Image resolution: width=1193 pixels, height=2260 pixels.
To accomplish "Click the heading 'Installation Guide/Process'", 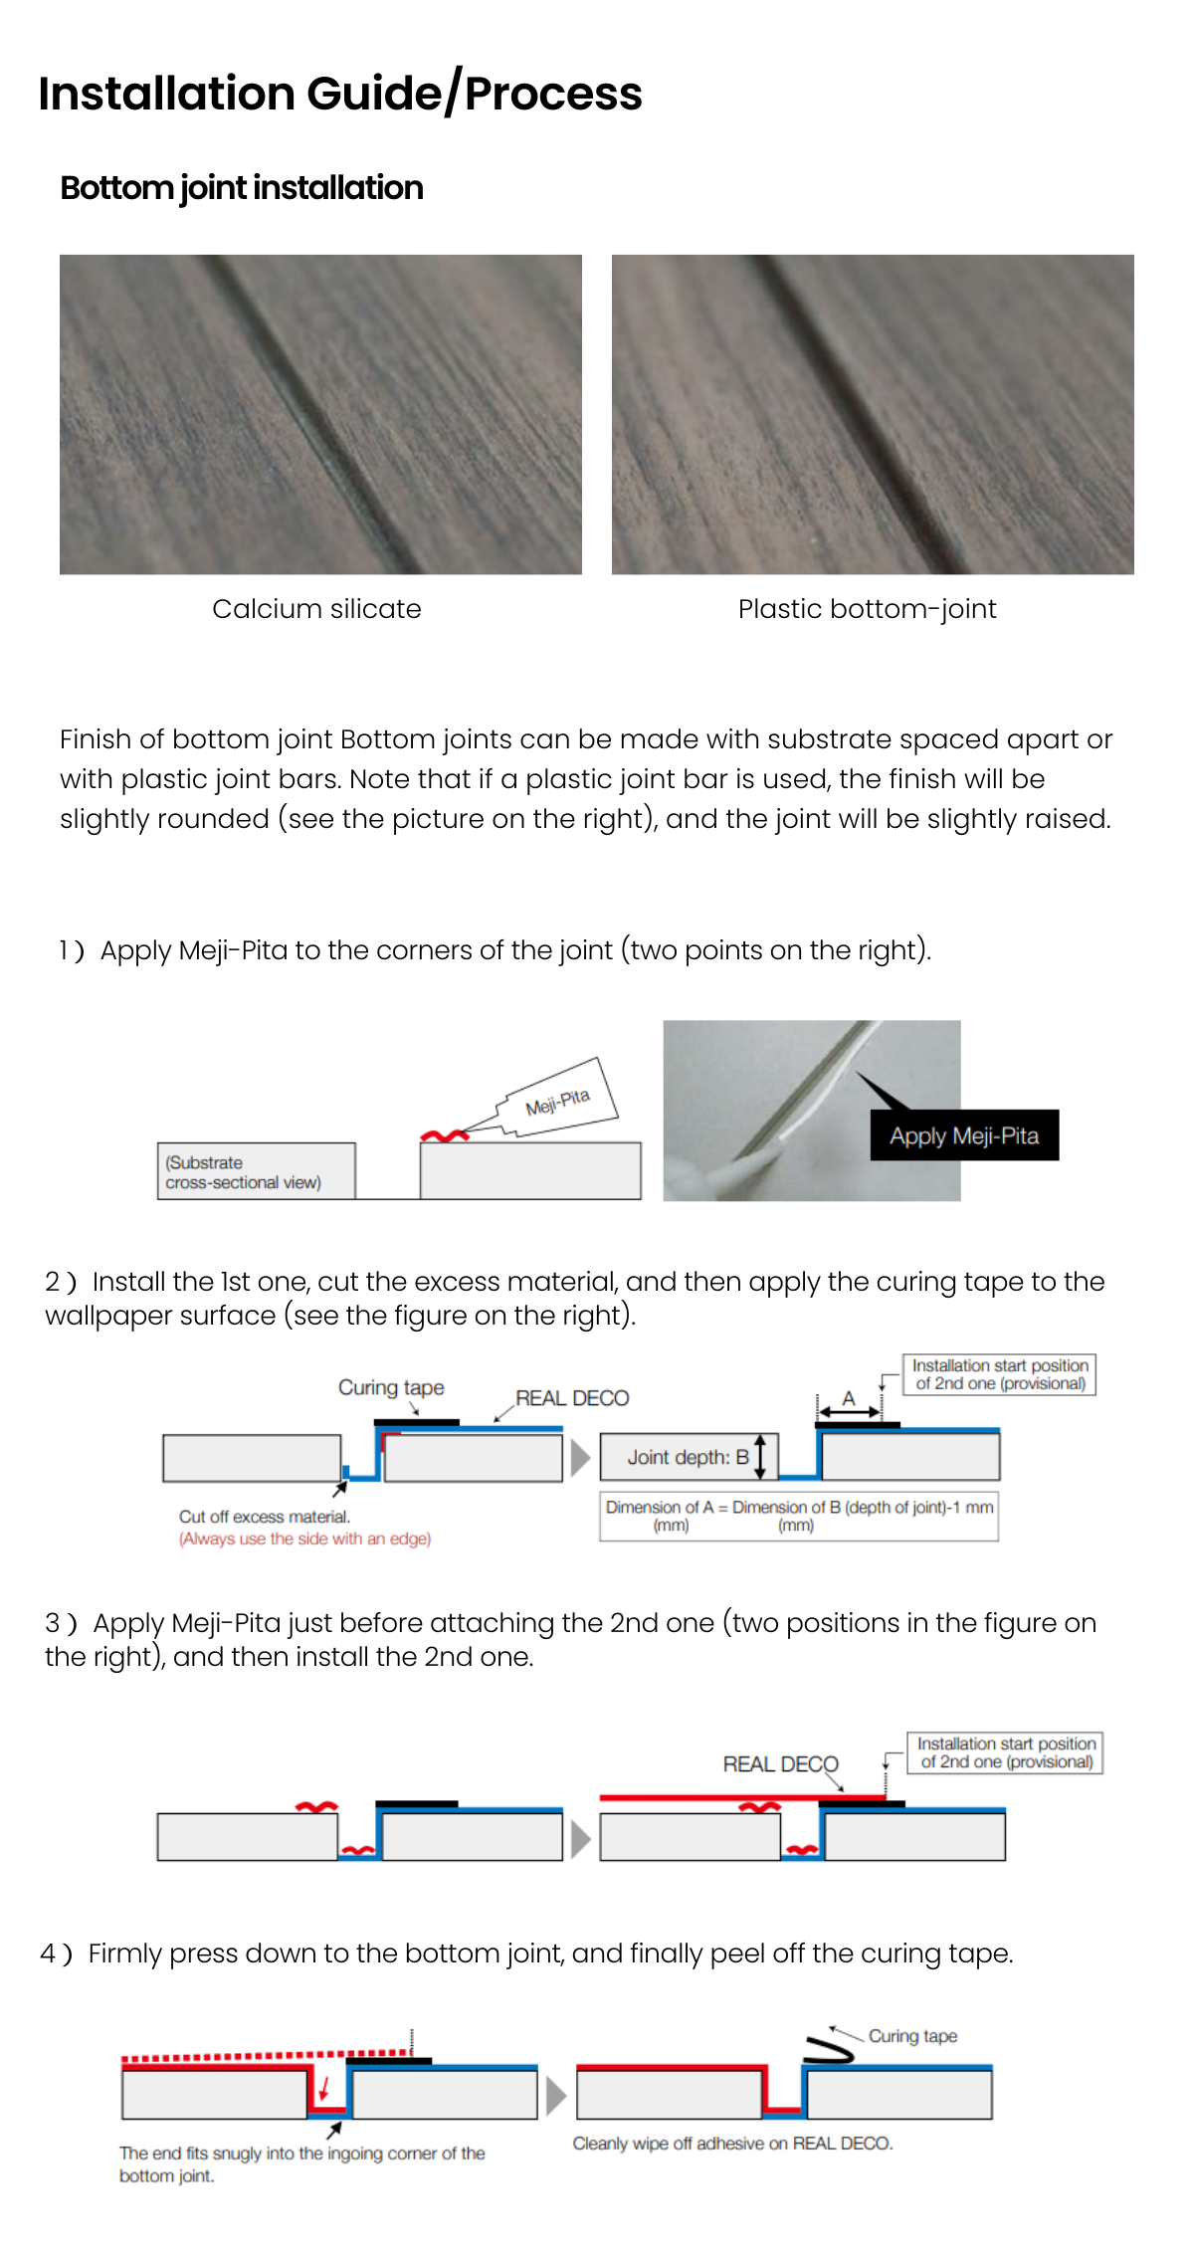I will tap(340, 94).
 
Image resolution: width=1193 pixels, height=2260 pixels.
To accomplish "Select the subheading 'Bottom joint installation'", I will tap(242, 188).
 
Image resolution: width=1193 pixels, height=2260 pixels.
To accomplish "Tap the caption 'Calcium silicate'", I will tap(316, 609).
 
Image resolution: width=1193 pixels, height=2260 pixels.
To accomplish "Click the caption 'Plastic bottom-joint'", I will tap(867, 609).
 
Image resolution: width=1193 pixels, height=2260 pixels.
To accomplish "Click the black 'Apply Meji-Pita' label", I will tap(964, 1135).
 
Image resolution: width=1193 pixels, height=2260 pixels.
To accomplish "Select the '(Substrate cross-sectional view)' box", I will tap(256, 1171).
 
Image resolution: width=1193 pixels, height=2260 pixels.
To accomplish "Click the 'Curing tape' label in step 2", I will tap(391, 1387).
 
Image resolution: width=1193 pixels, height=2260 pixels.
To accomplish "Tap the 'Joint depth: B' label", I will tap(688, 1457).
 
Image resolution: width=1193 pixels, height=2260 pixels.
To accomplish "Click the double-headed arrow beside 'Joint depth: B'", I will tap(761, 1457).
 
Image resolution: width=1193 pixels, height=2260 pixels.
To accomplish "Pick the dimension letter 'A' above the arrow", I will tap(849, 1398).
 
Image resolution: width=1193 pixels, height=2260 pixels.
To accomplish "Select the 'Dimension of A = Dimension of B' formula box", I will tap(799, 1516).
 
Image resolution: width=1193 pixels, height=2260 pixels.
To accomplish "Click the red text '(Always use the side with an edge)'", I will tap(304, 1539).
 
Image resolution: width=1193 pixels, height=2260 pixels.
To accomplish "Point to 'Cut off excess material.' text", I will tap(265, 1517).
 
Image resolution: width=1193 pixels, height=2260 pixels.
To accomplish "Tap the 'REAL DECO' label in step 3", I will tap(780, 1764).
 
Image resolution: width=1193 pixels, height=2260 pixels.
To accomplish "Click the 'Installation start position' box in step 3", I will tap(1005, 1752).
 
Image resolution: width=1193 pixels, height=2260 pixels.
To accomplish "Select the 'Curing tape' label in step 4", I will tap(912, 2036).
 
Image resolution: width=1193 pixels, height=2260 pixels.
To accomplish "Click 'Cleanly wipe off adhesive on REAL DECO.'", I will tap(732, 2144).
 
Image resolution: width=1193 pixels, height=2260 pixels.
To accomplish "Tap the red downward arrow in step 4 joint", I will tap(323, 2088).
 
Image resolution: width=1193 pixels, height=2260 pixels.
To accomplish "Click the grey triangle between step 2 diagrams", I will tap(580, 1458).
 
